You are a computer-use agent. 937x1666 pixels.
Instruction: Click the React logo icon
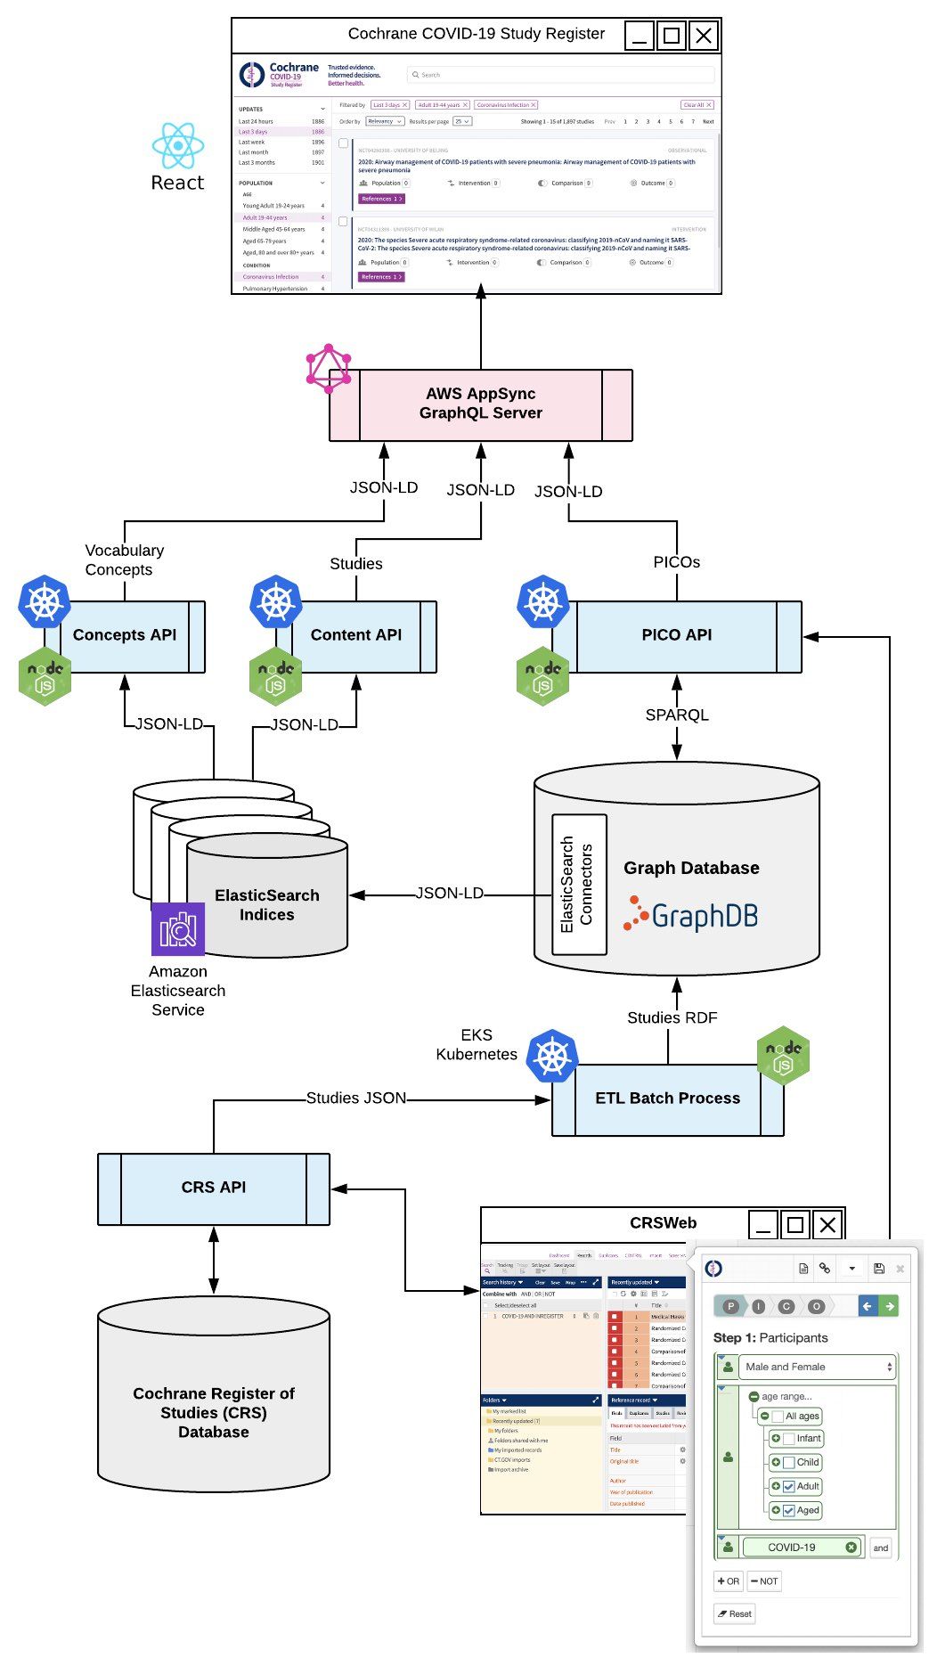pos(178,145)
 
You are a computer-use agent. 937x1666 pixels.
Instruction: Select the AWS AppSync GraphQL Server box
pos(481,404)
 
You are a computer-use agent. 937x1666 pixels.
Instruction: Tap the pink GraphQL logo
pos(329,368)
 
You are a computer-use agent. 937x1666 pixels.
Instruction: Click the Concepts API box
pos(125,636)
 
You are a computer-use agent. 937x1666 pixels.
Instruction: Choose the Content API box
pos(356,636)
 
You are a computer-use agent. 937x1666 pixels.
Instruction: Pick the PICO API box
pos(677,636)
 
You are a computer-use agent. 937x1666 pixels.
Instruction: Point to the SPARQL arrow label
pos(677,715)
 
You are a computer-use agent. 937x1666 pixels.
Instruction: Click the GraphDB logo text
pos(704,916)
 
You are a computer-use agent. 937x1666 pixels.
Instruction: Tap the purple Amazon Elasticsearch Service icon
pos(178,929)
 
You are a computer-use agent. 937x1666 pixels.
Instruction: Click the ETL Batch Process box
pos(668,1099)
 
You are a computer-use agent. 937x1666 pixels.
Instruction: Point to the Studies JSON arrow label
pos(356,1098)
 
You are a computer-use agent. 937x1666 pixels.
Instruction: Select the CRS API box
pos(214,1188)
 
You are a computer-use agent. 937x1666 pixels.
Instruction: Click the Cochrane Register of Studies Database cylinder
pos(214,1412)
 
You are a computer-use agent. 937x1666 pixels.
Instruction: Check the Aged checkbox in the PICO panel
pos(788,1510)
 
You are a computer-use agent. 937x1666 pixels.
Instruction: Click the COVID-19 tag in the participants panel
pos(792,1548)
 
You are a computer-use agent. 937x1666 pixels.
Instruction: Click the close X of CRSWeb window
pos(827,1225)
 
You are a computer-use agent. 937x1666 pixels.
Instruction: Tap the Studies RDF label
pos(672,1018)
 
